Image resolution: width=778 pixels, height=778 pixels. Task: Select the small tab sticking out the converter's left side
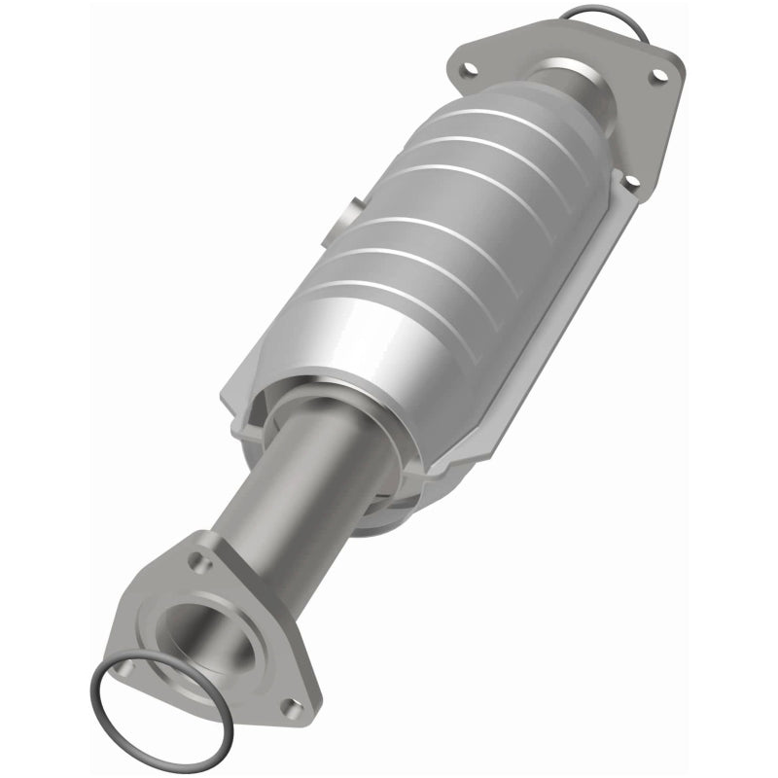pos(352,211)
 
